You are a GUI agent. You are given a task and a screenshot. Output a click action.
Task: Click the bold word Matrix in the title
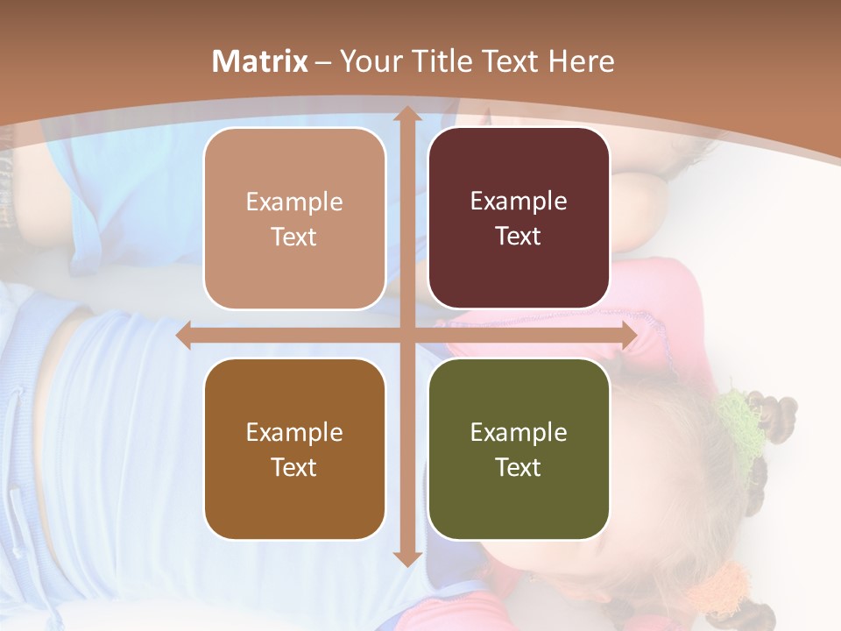260,61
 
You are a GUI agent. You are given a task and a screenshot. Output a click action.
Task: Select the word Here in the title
581,61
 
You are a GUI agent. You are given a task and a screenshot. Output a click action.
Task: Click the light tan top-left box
294,218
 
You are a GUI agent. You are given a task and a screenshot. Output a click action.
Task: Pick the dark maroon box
519,218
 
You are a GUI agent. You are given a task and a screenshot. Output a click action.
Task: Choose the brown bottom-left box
294,449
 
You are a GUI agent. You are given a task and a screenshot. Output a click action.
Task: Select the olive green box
519,449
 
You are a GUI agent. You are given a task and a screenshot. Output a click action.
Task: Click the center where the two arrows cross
406,336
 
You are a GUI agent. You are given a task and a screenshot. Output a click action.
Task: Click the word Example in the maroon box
519,202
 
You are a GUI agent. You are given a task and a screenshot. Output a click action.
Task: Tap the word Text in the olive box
519,467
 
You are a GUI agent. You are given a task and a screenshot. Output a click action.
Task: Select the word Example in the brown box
294,432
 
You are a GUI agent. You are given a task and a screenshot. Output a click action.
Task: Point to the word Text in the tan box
294,237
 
